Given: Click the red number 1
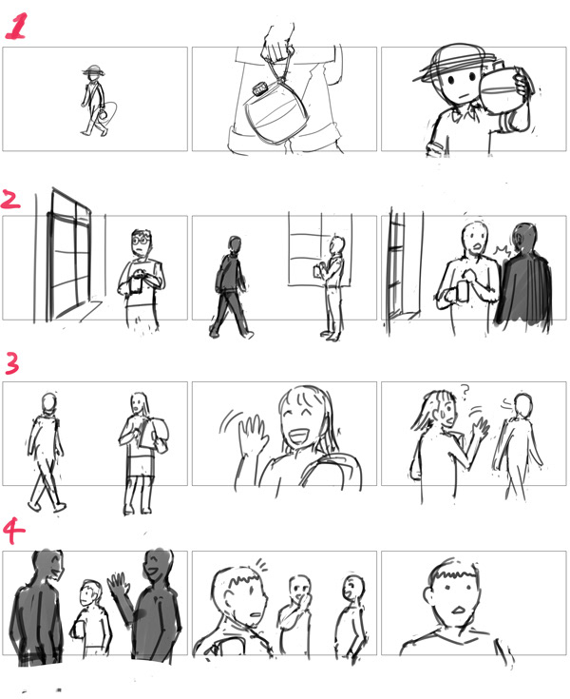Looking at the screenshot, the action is [16, 26].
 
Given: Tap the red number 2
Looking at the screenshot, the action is [10, 200].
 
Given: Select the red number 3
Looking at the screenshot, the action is [12, 363].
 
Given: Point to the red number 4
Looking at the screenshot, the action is [14, 532].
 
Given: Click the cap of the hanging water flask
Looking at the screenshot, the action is [259, 89].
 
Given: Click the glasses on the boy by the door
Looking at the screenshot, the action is [142, 241].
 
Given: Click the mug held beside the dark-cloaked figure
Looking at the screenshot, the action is [464, 291].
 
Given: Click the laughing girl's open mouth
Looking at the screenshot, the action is [300, 434].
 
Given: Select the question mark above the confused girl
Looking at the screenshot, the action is [465, 391].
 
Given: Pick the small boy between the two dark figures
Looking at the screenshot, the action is [91, 617].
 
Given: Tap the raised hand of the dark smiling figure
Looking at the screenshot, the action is [118, 584].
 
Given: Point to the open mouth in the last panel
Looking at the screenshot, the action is [458, 609].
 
